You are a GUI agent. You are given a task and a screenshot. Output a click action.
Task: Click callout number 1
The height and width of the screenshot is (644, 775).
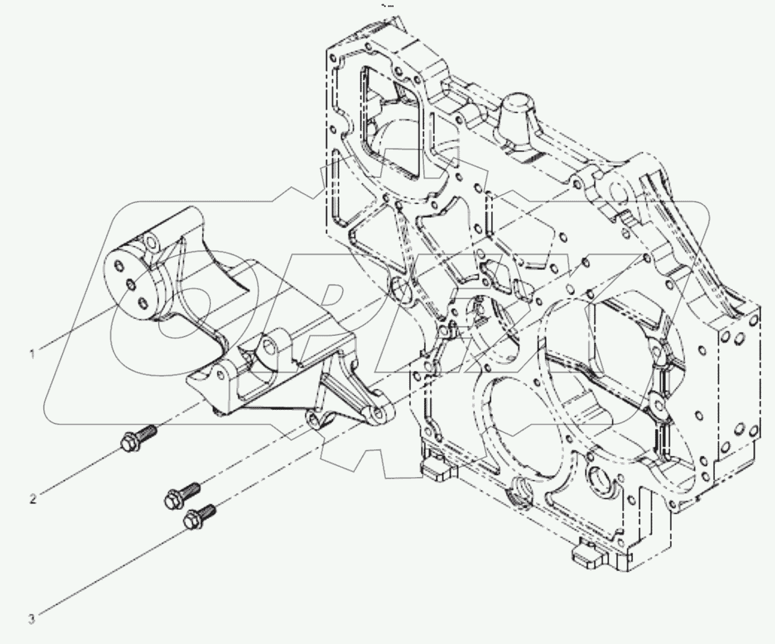pos(32,353)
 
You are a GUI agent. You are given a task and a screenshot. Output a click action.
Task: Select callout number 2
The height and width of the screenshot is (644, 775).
pos(32,498)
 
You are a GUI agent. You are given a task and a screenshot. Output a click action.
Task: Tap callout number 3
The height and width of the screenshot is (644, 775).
pos(31,620)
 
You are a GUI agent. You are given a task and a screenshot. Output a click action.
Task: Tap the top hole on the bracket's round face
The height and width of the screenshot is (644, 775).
pos(118,265)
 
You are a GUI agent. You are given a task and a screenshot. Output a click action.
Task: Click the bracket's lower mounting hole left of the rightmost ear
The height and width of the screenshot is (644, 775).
pos(314,420)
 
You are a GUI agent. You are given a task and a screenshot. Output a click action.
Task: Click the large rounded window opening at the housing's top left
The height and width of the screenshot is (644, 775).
pos(394,122)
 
